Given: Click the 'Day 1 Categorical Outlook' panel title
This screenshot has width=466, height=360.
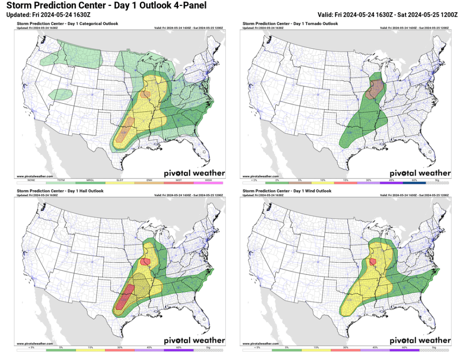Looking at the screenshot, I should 68,23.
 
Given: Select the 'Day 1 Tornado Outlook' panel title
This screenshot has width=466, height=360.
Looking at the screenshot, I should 290,23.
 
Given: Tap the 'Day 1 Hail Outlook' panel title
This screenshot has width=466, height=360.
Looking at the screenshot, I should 60,191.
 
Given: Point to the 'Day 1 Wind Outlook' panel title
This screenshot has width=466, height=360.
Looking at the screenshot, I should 287,191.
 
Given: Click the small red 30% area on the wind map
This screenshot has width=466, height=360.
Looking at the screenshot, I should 373,262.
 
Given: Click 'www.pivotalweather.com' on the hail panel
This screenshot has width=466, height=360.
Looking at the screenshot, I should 35,344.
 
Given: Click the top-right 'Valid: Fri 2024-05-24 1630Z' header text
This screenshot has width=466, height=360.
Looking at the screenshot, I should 387,15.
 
